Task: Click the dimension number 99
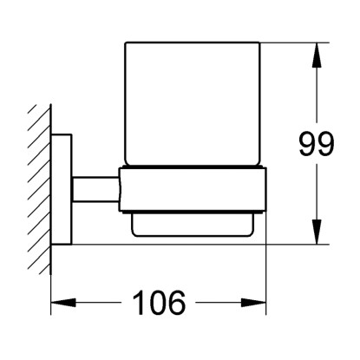316,144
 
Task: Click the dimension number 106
159,303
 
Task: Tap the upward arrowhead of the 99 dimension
317,56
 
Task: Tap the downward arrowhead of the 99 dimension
317,232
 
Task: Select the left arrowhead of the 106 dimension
63,303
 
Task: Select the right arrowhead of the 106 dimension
253,303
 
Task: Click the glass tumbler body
193,104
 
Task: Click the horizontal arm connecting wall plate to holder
95,189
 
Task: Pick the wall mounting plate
62,189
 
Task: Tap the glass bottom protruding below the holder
193,225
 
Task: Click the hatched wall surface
40,189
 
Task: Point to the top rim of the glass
193,43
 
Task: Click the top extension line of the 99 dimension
295,43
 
